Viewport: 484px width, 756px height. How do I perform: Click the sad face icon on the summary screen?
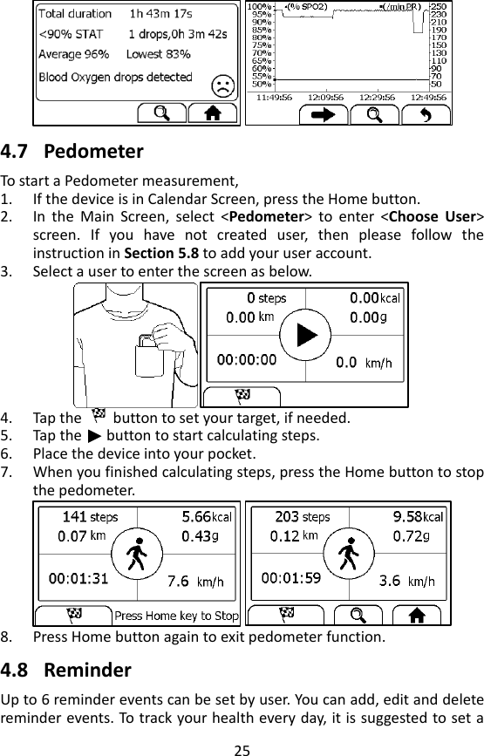coord(223,85)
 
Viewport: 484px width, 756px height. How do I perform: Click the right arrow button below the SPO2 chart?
coord(330,116)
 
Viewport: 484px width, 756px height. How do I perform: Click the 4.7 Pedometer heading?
coord(72,151)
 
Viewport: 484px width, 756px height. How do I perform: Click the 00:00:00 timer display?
coord(247,358)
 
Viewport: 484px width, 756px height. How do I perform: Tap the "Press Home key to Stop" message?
coord(176,616)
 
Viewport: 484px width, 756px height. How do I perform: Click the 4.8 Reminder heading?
coord(67,671)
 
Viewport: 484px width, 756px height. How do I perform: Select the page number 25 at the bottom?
coord(242,746)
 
